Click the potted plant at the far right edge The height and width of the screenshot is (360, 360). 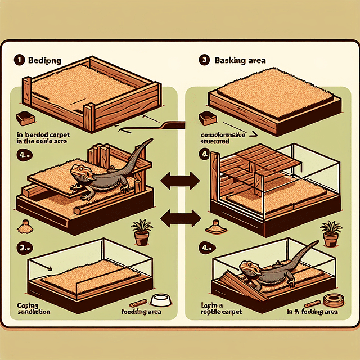330,233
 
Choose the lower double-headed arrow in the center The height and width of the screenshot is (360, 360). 179,217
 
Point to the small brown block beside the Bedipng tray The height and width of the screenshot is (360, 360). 24,118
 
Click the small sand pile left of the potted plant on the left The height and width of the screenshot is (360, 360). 24,228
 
